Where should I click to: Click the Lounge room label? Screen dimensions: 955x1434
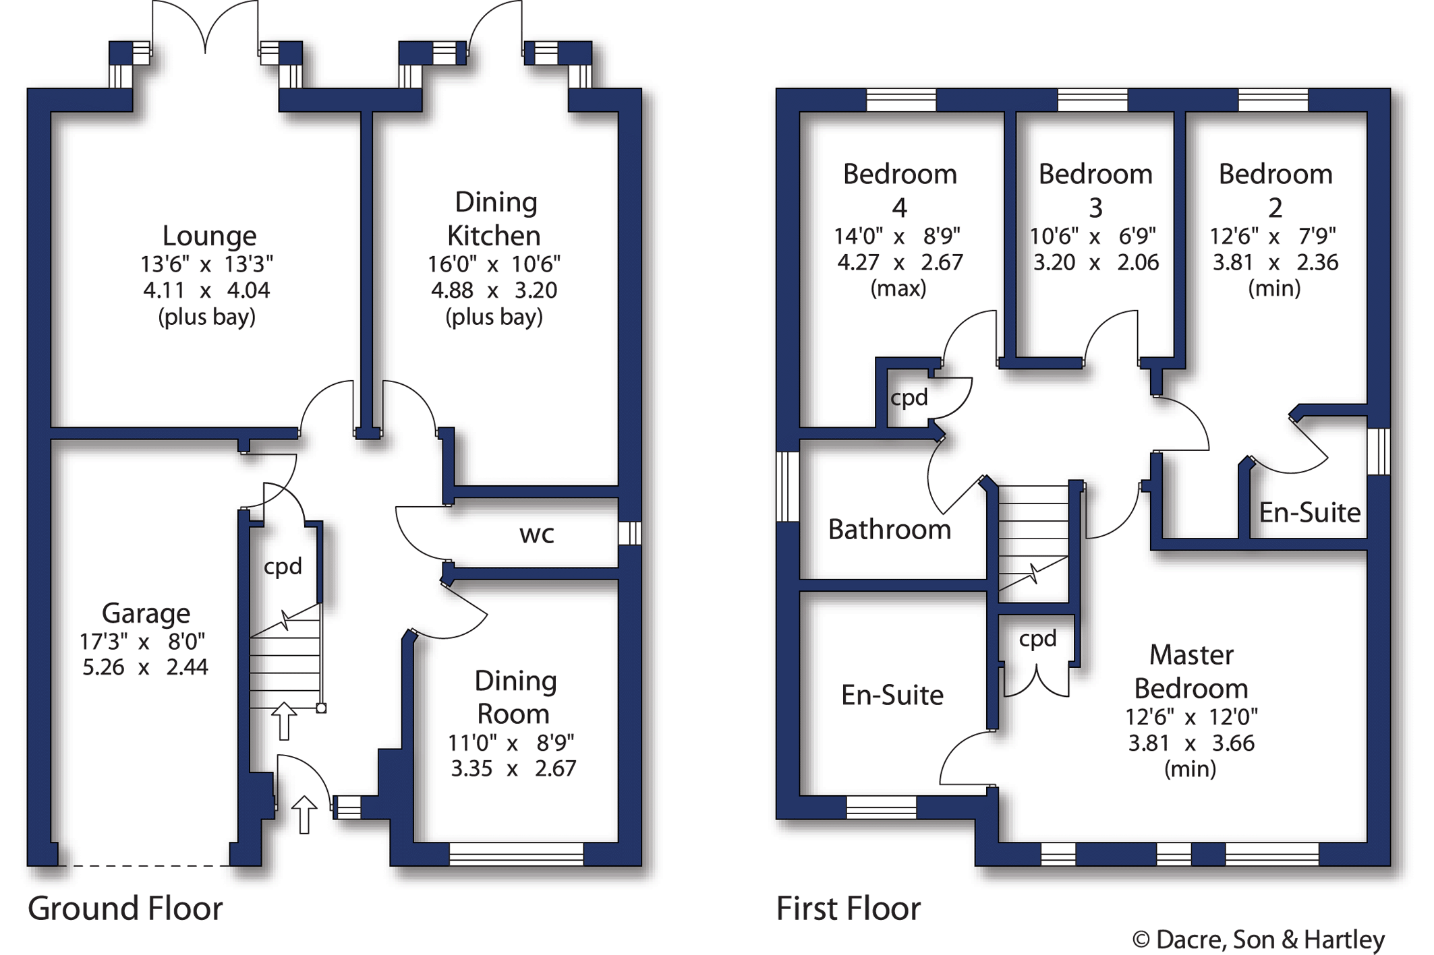tap(209, 236)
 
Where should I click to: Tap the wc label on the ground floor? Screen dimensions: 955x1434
tap(536, 534)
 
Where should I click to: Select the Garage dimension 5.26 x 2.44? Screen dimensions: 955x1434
tap(145, 667)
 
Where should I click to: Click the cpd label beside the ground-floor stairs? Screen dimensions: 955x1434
tap(283, 566)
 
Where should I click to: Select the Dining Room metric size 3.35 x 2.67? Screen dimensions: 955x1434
tap(513, 768)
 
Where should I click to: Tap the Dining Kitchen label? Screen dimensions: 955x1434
tap(494, 219)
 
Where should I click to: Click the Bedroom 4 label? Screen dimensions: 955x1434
tap(900, 191)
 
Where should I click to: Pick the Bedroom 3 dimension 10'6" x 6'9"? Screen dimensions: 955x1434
tap(1093, 237)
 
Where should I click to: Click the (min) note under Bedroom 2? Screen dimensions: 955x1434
tap(1274, 288)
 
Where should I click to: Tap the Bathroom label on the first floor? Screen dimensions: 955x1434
tap(889, 530)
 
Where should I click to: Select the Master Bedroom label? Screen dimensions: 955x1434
tap(1191, 671)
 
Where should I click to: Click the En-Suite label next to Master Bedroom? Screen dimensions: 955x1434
tap(892, 695)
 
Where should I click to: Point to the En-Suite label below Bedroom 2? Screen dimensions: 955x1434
tap(1309, 513)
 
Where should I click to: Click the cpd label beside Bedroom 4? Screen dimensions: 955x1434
tap(909, 398)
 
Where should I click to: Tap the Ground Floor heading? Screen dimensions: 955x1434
tap(125, 908)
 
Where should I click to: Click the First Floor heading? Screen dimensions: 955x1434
tap(848, 908)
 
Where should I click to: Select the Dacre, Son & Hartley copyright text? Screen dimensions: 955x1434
tap(1258, 939)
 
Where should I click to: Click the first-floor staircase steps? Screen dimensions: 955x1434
tap(1033, 532)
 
